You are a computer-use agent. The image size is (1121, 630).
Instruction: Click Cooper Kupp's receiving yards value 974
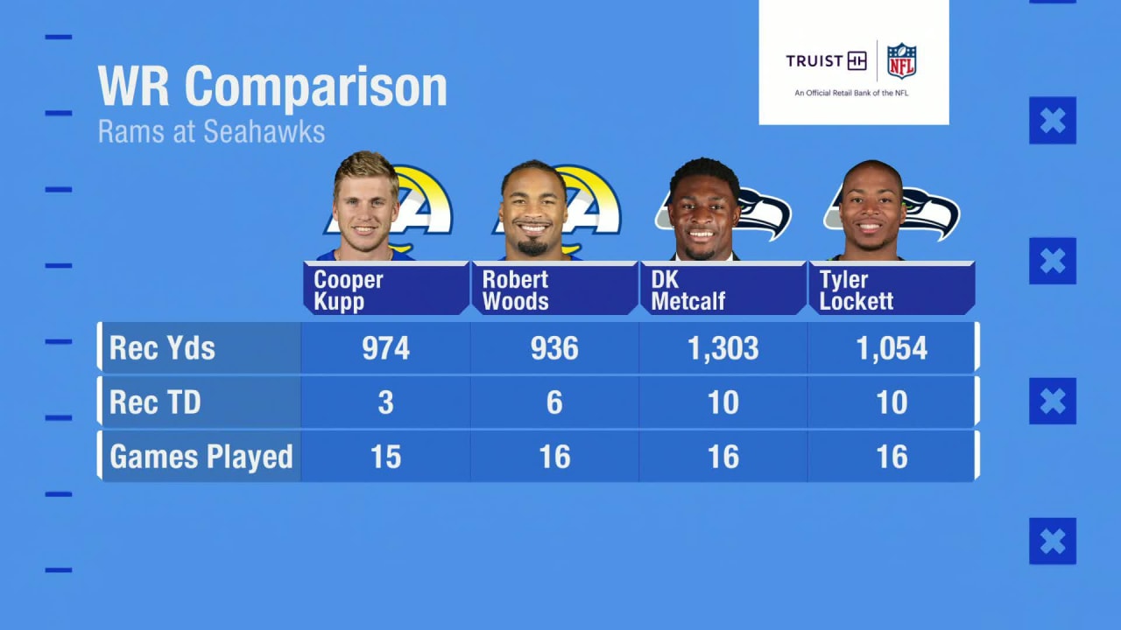[385, 348]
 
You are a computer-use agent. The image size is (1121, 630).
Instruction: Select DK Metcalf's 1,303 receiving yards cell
[723, 348]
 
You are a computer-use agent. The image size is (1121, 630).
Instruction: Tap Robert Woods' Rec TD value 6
[554, 402]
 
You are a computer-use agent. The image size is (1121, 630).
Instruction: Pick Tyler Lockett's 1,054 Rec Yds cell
[892, 348]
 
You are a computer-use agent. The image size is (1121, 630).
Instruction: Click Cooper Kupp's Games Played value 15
[385, 457]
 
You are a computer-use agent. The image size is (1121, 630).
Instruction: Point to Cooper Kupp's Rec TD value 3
[385, 402]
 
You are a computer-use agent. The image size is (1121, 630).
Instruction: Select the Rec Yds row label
[162, 348]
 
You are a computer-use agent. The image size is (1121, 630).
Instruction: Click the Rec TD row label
[155, 402]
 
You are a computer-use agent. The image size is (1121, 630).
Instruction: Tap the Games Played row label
[201, 457]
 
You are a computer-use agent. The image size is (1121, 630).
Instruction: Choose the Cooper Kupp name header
[349, 290]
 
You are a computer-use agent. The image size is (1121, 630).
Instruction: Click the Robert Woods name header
[516, 290]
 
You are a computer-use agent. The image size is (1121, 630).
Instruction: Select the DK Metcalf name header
[688, 290]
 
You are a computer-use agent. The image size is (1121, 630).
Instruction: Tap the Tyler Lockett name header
[857, 290]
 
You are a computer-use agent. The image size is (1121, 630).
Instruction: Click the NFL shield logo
[901, 61]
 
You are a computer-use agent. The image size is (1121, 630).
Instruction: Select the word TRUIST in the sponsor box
[814, 61]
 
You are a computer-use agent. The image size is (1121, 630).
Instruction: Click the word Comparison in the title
[315, 87]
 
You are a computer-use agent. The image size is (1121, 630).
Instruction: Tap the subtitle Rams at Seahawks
[211, 131]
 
